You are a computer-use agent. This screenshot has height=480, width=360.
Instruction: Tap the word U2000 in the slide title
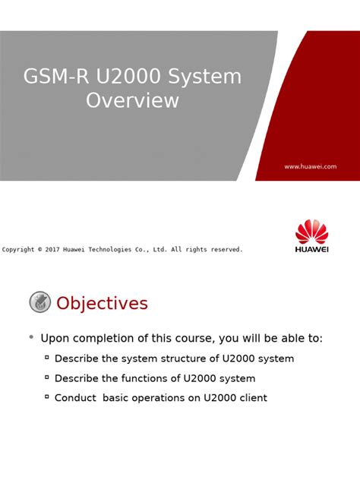(121, 77)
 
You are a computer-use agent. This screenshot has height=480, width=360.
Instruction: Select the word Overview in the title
(132, 99)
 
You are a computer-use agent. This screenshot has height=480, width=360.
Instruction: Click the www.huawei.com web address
(310, 166)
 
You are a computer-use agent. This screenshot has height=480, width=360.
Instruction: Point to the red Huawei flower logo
(311, 232)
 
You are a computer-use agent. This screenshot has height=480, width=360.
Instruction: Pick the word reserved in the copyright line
(224, 249)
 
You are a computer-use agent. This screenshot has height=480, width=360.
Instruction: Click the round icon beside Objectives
(40, 302)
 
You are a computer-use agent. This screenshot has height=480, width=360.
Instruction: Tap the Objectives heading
(102, 304)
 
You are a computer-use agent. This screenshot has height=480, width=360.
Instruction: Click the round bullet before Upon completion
(31, 337)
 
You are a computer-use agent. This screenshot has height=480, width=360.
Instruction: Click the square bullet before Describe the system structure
(47, 357)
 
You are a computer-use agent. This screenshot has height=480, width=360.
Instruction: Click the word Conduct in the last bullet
(74, 398)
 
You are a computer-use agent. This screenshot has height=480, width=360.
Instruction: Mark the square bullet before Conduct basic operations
(47, 396)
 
